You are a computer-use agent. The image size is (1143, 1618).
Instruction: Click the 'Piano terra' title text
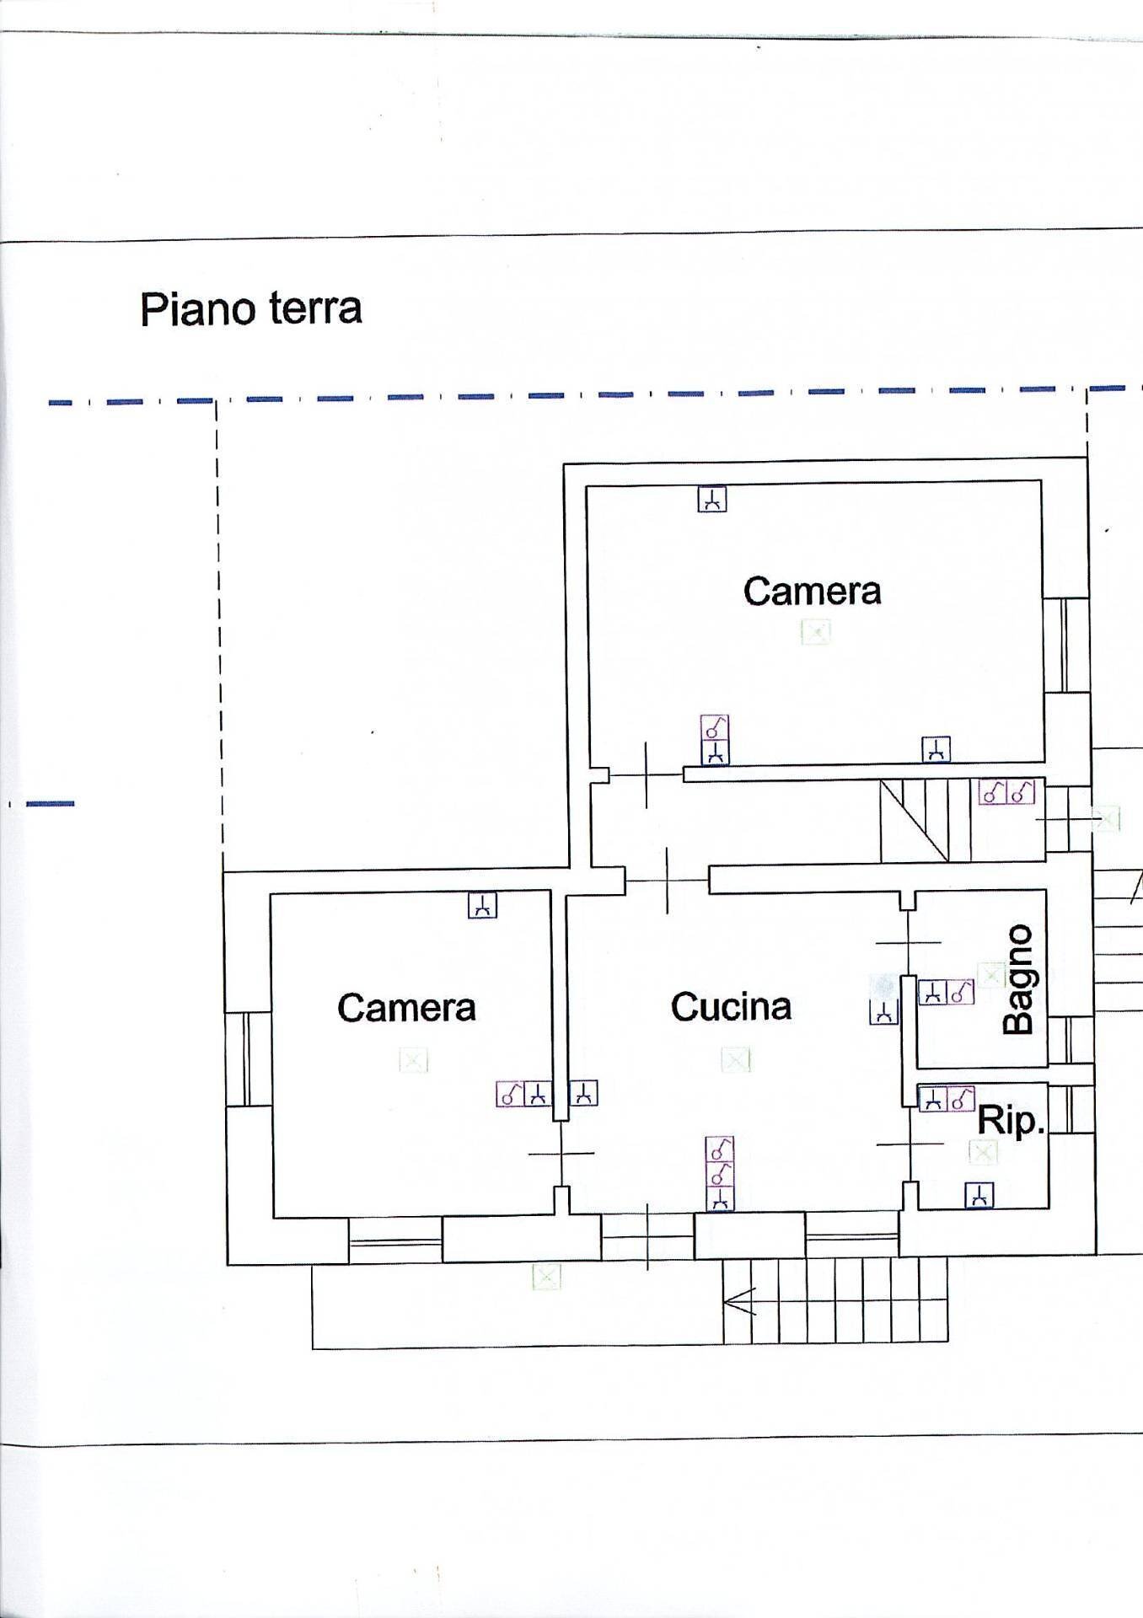251,309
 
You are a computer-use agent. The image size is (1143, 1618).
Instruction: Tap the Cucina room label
731,1007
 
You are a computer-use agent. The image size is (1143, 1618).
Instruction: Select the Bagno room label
1018,979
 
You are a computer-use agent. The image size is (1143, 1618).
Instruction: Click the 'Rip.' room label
1010,1122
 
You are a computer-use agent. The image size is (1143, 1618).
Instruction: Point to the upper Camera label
812,591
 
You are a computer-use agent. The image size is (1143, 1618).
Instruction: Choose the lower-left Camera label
406,1008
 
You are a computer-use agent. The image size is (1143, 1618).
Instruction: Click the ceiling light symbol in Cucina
736,1060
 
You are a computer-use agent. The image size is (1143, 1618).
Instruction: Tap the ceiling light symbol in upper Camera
815,631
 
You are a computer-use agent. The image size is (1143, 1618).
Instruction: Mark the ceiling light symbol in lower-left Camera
413,1060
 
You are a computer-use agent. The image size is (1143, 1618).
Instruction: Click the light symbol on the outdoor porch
546,1278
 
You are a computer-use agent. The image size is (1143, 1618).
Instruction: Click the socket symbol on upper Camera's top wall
712,500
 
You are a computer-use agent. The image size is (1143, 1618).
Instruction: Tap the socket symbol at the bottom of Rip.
979,1195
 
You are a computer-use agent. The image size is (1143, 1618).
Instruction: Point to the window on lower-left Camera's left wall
246,1058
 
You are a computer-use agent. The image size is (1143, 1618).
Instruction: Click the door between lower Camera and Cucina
561,1153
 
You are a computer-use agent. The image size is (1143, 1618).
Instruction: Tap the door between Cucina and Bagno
908,942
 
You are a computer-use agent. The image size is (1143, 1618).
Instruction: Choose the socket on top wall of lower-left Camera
482,906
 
